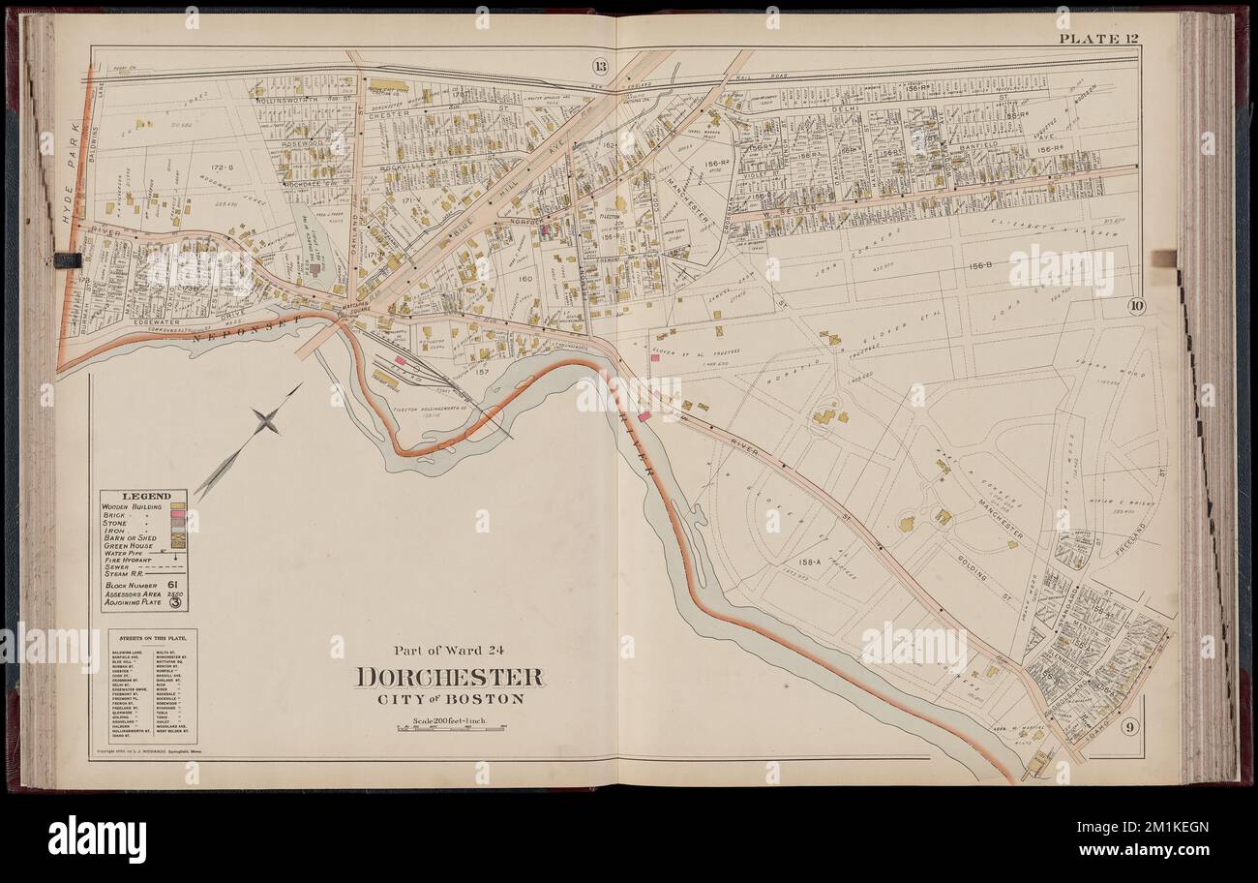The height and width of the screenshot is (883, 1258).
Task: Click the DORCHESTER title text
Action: click(x=449, y=677)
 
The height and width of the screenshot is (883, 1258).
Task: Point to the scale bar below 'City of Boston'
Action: click(x=449, y=727)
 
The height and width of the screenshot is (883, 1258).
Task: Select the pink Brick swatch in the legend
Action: click(x=178, y=514)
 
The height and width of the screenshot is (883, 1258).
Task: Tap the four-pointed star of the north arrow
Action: click(x=265, y=421)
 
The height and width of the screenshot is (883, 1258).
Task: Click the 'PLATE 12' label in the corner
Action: click(x=1096, y=39)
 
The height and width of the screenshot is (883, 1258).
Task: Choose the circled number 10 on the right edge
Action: click(x=1136, y=307)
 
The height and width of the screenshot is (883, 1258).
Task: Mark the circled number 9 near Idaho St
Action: click(x=1128, y=726)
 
